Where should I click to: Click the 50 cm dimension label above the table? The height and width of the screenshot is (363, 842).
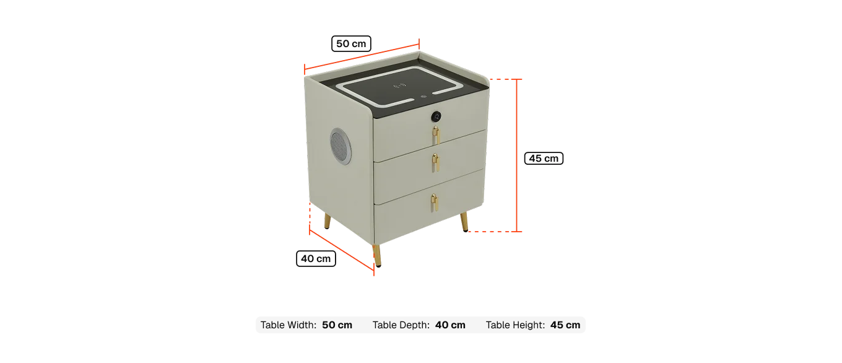(351, 43)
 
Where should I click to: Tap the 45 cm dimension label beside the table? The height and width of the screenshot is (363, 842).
(544, 159)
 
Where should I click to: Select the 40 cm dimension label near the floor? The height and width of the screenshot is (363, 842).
(316, 259)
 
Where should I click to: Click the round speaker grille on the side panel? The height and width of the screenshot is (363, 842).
(341, 146)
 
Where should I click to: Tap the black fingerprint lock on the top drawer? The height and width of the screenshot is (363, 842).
(436, 116)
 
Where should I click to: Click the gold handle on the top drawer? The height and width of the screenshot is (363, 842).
(436, 135)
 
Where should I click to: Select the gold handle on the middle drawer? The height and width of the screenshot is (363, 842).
(435, 162)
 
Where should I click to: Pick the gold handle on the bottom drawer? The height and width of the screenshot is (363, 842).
(434, 203)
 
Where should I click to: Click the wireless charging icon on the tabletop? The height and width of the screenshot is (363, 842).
(399, 85)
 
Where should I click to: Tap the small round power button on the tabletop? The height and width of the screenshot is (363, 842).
(423, 96)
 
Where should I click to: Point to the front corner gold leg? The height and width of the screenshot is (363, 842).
(376, 256)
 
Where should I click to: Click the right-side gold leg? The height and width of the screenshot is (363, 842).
(464, 222)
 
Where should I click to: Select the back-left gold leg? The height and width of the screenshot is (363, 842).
(328, 222)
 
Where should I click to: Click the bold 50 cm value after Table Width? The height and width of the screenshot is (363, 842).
(337, 325)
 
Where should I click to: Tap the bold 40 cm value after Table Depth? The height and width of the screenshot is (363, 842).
(450, 325)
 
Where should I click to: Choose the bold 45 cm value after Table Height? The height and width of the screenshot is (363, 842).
(565, 325)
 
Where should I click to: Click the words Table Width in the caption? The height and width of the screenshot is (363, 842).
(289, 325)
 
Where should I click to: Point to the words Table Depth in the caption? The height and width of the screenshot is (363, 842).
(401, 325)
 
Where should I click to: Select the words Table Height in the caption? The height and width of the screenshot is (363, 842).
(515, 325)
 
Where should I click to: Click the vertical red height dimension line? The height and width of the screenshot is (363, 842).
(517, 155)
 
